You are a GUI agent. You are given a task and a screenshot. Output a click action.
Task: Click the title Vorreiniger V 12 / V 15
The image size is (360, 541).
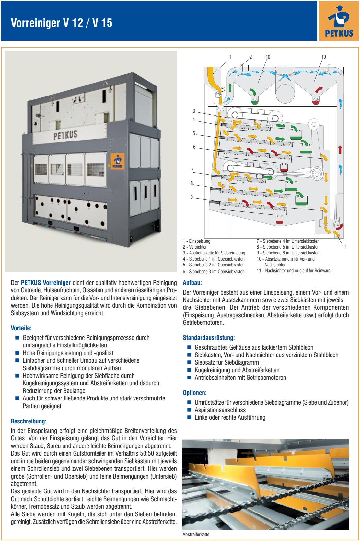(62, 23)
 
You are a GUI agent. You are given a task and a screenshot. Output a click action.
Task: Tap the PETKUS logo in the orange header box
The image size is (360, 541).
(339, 21)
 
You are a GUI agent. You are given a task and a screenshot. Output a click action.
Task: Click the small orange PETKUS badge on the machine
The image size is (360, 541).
(118, 161)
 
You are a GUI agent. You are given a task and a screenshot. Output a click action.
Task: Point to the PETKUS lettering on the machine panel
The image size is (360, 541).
(65, 135)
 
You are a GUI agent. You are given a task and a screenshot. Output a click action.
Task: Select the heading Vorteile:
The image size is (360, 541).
(21, 328)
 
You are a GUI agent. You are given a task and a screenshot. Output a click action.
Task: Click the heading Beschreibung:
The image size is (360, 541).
(29, 421)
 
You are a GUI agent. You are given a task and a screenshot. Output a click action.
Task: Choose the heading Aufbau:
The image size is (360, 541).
(192, 283)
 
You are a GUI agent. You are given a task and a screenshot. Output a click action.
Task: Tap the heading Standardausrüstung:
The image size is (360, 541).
(209, 338)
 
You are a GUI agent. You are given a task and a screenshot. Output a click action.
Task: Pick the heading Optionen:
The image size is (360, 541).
(195, 393)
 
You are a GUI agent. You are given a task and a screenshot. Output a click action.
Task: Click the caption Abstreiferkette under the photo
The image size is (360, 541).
(196, 534)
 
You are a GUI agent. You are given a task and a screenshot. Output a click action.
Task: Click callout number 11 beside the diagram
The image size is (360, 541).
(344, 247)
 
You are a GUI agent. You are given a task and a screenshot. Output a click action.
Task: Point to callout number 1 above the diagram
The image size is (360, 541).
(230, 57)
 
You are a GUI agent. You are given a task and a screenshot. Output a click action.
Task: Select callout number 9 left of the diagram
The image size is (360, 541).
(192, 197)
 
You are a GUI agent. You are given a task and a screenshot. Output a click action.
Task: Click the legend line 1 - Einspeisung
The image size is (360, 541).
(197, 241)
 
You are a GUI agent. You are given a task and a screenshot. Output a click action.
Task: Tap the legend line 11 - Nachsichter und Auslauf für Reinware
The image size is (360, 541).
(293, 271)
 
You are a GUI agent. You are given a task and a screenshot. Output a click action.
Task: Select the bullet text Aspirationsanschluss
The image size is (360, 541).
(220, 410)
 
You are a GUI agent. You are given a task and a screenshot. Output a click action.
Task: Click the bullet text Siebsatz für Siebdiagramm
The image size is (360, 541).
(227, 362)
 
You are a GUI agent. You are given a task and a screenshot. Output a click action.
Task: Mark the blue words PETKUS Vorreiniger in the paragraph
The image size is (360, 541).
(46, 283)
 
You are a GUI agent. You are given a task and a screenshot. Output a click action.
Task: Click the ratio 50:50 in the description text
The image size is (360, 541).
(147, 453)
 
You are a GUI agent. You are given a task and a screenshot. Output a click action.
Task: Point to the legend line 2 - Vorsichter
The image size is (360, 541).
(195, 247)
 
